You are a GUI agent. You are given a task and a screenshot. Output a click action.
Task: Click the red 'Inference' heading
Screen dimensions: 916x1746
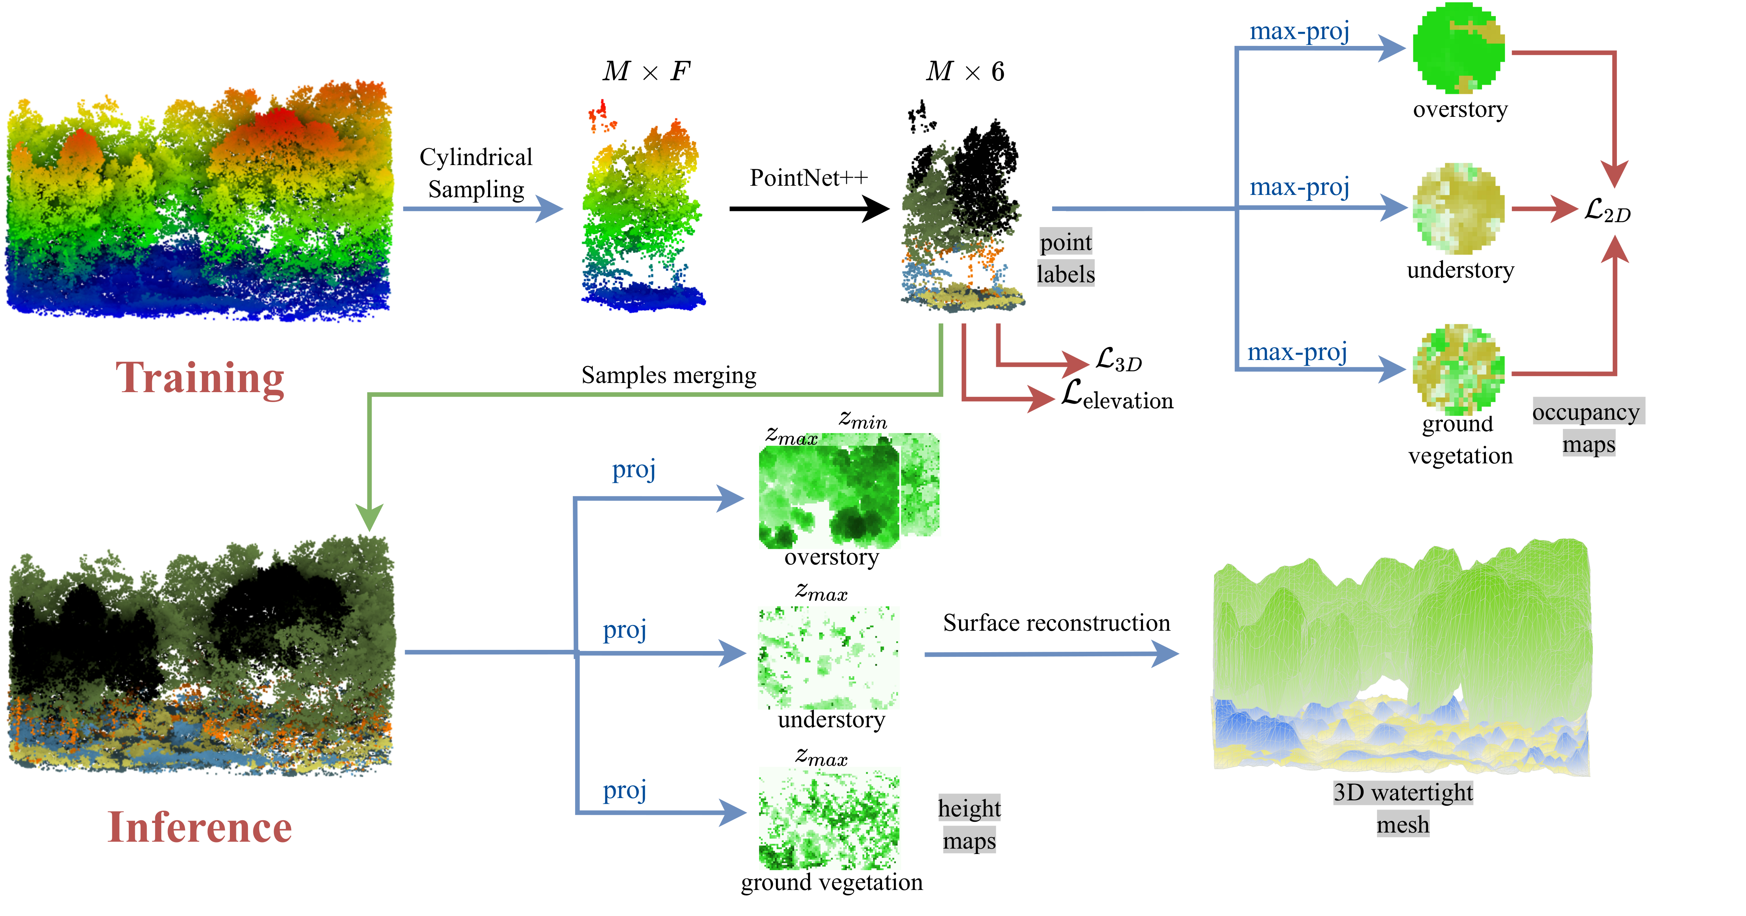pos(200,827)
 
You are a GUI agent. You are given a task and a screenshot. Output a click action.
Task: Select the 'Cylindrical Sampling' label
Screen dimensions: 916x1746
pos(476,173)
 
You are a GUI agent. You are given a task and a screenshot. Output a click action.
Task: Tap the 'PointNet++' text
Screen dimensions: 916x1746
pos(808,178)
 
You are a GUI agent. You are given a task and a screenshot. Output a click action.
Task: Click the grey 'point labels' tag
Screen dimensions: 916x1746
pos(1066,257)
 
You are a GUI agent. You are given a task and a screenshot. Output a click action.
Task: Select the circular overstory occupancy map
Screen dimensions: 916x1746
pos(1459,47)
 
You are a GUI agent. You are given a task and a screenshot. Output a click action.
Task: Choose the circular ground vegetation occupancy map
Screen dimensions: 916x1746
pos(1459,369)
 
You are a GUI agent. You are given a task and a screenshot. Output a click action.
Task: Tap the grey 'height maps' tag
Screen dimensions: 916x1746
pos(969,824)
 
